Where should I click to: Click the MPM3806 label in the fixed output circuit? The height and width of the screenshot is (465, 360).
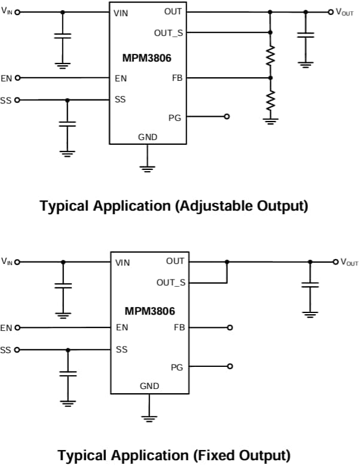[x=150, y=311]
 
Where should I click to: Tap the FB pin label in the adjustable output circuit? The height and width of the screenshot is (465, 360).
[x=177, y=78]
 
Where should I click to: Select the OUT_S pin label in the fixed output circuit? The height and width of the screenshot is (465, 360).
[x=170, y=282]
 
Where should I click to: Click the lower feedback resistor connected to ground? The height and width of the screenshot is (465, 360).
[x=270, y=100]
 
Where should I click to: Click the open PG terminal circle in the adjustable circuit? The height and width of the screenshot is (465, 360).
[x=227, y=117]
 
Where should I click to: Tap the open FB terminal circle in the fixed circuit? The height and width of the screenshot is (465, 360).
[x=230, y=327]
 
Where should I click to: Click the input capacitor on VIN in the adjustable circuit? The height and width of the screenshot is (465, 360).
[x=62, y=35]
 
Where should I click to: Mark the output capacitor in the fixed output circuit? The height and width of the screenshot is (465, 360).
[x=310, y=286]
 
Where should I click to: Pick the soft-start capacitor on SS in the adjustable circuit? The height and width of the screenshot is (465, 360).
[x=67, y=124]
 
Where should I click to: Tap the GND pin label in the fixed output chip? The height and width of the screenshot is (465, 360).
[x=150, y=386]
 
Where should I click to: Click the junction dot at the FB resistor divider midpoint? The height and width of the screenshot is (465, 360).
[x=270, y=78]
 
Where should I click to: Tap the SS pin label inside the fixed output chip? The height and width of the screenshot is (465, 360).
[x=122, y=349]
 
